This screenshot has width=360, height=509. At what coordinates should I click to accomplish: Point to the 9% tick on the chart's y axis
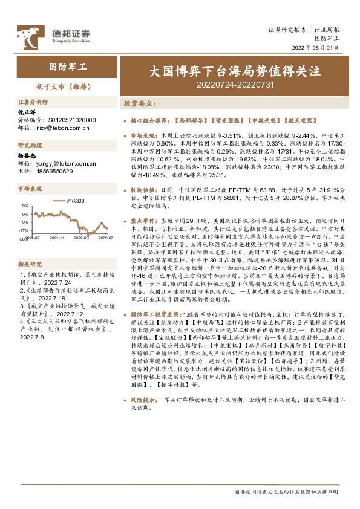point(25,206)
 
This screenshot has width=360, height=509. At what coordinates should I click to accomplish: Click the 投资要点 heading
point(140,104)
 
